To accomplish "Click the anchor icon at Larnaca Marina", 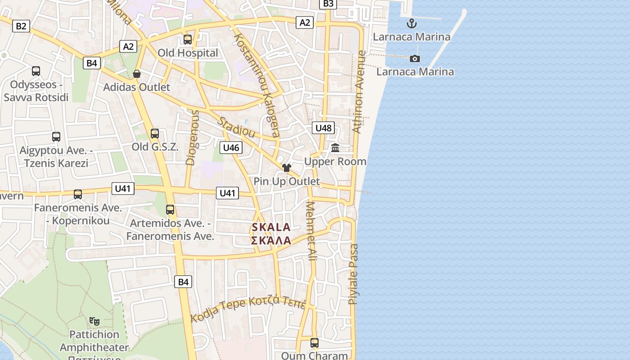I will pos(411,23).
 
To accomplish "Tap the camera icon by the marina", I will pos(415,58).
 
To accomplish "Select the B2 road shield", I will pos(21,26).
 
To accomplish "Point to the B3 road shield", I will pos(328,4).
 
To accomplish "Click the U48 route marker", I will pos(323,128).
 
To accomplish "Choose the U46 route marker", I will pos(231,148).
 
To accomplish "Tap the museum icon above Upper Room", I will pos(335,148).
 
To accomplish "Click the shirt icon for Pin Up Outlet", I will pos(286,168).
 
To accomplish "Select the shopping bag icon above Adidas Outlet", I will pos(137,73).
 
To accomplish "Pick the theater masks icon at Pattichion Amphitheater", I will pos(94,321).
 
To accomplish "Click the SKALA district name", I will pos(271,228).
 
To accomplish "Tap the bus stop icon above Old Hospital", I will pos(188,40).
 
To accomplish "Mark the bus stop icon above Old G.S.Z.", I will pos(155,133).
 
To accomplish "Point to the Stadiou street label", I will pos(236,128).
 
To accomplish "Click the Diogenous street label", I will pos(192,137).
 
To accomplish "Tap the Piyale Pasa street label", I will pos(354,274).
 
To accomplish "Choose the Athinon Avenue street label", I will pos(359,92).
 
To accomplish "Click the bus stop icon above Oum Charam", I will pos(315,343).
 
